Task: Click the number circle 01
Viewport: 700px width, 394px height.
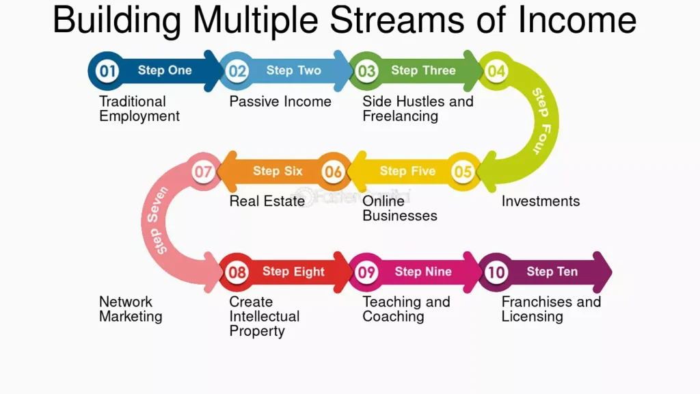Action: click(x=107, y=70)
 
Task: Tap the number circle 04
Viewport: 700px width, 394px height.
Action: click(x=496, y=71)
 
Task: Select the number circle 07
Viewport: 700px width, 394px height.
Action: click(x=203, y=172)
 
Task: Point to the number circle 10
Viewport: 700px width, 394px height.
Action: click(x=496, y=272)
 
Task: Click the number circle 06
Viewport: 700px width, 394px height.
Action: click(x=333, y=172)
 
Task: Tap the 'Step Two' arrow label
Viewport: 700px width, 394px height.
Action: click(x=293, y=70)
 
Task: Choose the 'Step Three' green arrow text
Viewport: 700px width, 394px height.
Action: click(x=423, y=70)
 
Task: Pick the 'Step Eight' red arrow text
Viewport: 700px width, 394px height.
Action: click(x=293, y=272)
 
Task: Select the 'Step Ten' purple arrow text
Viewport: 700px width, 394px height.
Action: click(x=552, y=272)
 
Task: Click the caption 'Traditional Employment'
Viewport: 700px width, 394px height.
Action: click(x=139, y=109)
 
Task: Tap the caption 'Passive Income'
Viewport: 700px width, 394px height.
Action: click(x=280, y=102)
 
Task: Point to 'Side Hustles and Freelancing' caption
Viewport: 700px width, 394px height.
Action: click(x=418, y=109)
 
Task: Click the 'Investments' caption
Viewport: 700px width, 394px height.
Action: click(x=540, y=201)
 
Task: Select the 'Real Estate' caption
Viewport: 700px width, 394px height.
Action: click(x=267, y=201)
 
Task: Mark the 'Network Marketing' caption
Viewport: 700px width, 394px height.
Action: click(x=131, y=309)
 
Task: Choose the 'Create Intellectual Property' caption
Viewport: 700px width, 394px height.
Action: click(x=264, y=316)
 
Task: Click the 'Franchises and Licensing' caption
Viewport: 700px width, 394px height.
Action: click(x=551, y=309)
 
